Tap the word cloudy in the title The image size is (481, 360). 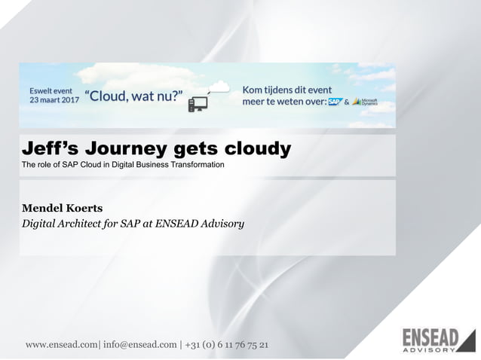point(254,149)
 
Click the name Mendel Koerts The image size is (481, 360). point(63,207)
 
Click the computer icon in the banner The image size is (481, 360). point(198,103)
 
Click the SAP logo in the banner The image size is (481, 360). point(335,102)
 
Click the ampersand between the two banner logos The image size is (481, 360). point(347,102)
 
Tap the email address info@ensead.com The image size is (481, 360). point(139,345)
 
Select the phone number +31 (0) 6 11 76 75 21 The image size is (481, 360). point(225,345)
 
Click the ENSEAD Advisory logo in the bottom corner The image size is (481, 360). point(438,340)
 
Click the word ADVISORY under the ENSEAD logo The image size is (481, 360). point(428,349)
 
